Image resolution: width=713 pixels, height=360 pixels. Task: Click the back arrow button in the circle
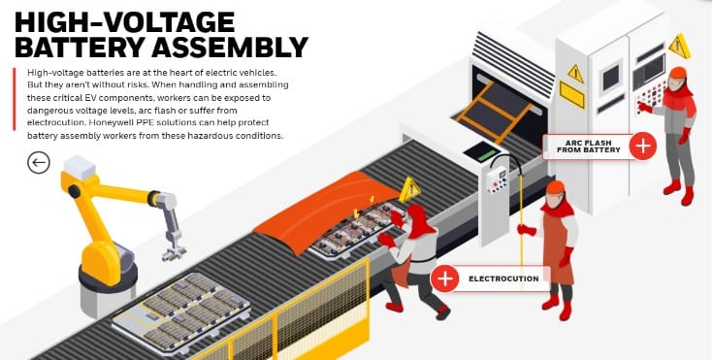38,163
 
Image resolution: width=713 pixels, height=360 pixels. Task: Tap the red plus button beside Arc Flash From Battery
642,146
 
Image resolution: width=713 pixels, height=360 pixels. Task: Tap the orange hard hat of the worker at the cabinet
677,73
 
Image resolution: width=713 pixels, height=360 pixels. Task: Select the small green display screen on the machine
479,151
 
